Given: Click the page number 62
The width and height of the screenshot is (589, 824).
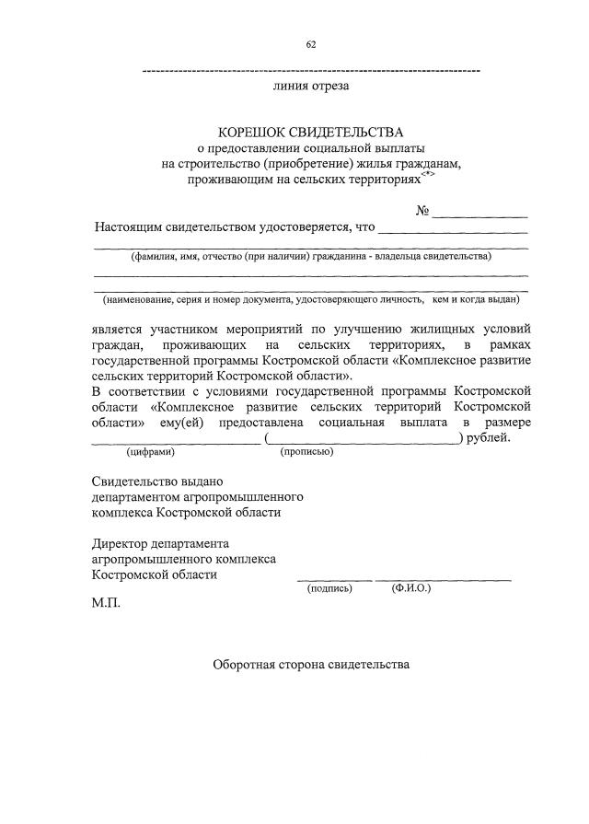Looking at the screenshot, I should point(310,44).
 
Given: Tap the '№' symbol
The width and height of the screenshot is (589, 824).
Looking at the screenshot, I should point(423,212).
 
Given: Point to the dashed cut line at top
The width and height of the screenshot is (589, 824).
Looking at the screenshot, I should point(312,71).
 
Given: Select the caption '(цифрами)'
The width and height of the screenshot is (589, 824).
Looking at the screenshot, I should point(150,451).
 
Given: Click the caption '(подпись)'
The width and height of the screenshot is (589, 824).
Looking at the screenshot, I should point(329,587).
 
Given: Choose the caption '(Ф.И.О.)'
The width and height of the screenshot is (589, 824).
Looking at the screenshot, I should point(410,587).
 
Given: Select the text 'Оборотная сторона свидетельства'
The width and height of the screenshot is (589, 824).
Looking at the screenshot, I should point(311,664).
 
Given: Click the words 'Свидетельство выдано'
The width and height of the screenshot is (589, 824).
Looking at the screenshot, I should point(157,481).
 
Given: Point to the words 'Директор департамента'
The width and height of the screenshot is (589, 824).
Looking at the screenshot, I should point(161,542).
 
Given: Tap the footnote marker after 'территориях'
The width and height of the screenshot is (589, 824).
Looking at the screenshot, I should point(427,172).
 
